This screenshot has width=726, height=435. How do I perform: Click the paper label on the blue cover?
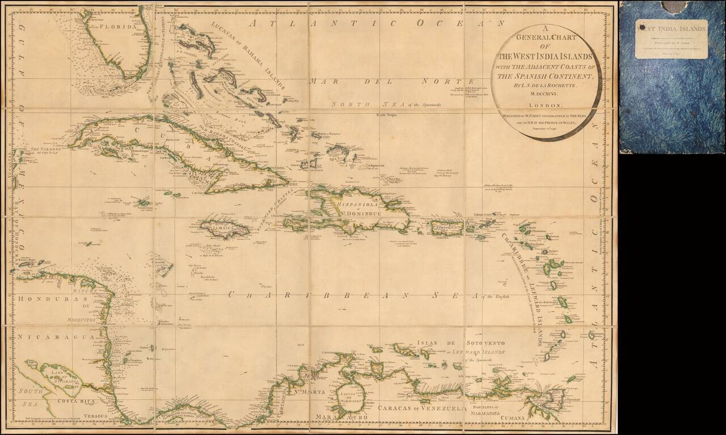672,39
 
